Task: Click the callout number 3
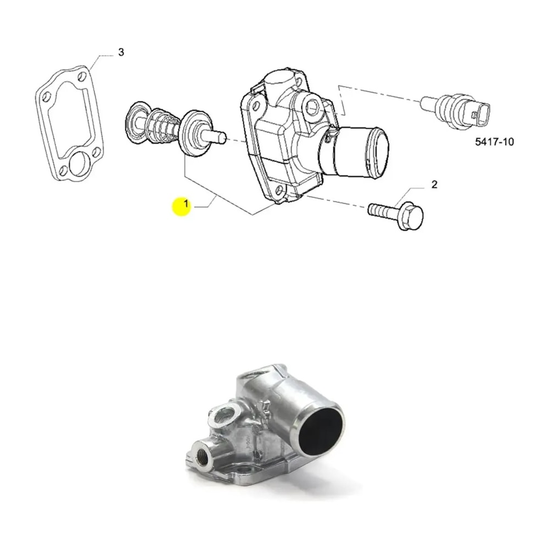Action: (121, 53)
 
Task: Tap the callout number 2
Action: (434, 184)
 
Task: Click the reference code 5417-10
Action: (494, 142)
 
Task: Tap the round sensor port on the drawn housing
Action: (313, 107)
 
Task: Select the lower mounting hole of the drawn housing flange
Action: (282, 190)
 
